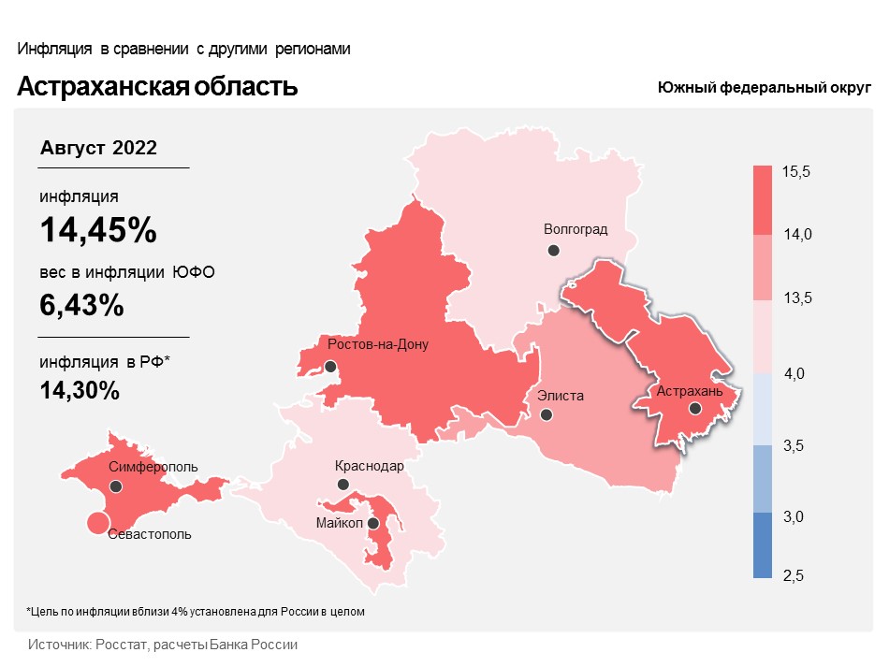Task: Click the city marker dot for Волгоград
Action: pos(554,250)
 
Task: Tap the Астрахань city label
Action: pos(690,391)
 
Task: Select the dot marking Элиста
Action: pos(547,414)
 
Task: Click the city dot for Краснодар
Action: pos(343,485)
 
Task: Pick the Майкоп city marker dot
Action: pos(373,523)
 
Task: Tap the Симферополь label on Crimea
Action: pos(153,466)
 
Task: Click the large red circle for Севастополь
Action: pos(96,523)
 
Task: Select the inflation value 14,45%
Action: pos(97,230)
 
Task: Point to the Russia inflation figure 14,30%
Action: pos(80,391)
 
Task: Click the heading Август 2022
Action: pos(98,148)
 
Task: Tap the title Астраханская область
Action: pos(157,87)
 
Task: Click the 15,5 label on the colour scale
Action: pos(796,172)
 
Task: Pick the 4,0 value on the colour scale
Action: pos(794,374)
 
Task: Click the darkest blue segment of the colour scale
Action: pos(763,545)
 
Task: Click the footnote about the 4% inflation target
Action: pos(195,612)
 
